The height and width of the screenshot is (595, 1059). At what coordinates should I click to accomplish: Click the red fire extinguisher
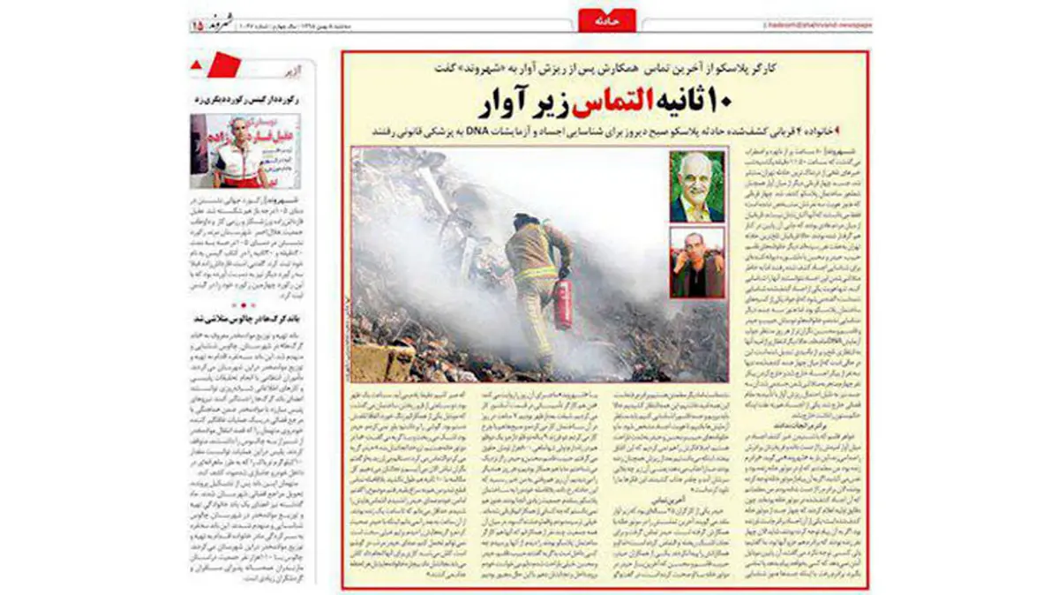click(x=562, y=303)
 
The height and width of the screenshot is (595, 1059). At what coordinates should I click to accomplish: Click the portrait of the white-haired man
click(x=696, y=186)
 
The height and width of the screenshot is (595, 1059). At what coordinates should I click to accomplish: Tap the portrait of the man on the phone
click(x=696, y=262)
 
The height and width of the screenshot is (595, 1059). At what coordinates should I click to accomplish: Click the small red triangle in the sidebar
click(x=196, y=64)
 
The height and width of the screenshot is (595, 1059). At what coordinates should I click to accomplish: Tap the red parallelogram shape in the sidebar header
click(x=222, y=64)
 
